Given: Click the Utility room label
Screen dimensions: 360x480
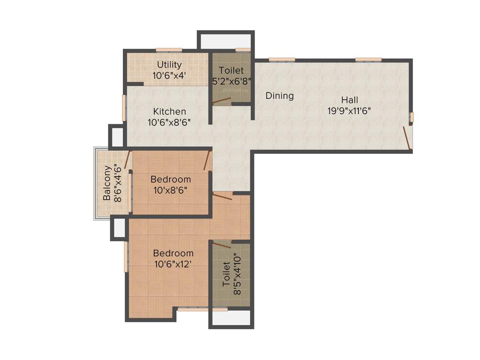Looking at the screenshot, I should [169, 65].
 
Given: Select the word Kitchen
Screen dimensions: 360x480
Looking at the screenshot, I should [170, 112].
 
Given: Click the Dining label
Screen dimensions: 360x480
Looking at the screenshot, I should [279, 96].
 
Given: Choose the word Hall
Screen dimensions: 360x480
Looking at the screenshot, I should [350, 100].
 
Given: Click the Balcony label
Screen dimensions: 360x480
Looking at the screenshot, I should [107, 183].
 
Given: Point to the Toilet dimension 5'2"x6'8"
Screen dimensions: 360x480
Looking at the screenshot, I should [232, 80].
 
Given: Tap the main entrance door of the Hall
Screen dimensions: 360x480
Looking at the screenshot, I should [407, 138].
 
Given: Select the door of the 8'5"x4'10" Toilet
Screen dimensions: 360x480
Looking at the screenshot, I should [222, 244].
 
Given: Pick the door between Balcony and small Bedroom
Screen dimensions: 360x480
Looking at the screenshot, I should [127, 159].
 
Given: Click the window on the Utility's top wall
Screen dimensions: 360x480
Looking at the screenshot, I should [169, 50].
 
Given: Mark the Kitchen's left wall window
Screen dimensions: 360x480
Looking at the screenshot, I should [124, 108].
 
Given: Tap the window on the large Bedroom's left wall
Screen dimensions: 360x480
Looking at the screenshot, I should [125, 256].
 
